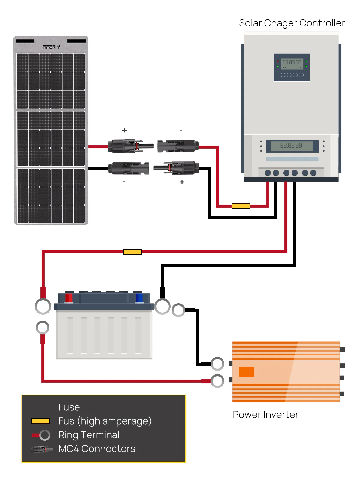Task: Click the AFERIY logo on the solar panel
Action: click(x=51, y=47)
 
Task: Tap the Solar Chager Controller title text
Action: click(x=292, y=23)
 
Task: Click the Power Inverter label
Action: click(x=265, y=414)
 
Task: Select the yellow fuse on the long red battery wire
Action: click(x=132, y=252)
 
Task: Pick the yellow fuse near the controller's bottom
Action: click(x=241, y=206)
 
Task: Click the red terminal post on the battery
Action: click(x=69, y=298)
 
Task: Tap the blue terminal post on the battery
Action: click(x=139, y=298)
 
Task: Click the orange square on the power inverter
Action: click(x=247, y=372)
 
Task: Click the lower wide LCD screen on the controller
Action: click(x=292, y=146)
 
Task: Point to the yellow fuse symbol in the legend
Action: click(x=40, y=421)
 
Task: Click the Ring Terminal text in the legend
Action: click(x=89, y=435)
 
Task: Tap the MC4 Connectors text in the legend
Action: click(x=97, y=448)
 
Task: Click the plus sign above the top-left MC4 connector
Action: click(x=124, y=130)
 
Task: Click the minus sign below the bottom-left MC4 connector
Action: click(x=124, y=182)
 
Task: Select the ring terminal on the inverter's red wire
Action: click(x=217, y=381)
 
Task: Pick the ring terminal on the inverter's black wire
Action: click(x=217, y=364)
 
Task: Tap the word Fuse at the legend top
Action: click(x=69, y=407)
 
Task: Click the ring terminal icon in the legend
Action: click(x=45, y=435)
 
